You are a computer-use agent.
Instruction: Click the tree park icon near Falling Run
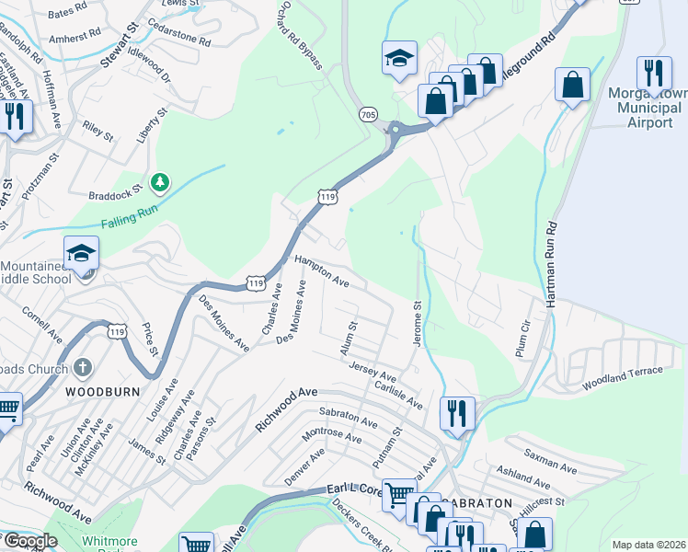[161, 182]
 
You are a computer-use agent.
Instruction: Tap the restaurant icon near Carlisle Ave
[457, 413]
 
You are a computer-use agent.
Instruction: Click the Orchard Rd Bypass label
[299, 40]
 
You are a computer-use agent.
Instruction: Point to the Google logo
[30, 541]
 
